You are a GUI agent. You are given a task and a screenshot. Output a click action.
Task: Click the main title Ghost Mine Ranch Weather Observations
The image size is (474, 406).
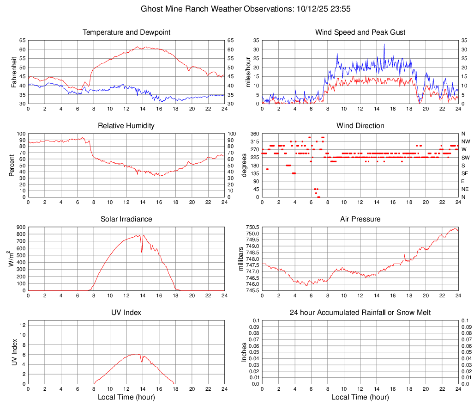click(x=237, y=9)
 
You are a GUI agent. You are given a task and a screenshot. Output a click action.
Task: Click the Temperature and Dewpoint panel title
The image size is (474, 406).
click(x=126, y=32)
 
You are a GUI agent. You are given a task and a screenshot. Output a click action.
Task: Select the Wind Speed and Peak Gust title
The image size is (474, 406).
click(x=360, y=32)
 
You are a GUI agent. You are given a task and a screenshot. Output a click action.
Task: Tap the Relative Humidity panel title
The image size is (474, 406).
click(x=126, y=126)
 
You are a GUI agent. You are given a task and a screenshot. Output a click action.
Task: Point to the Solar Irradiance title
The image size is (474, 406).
click(x=126, y=219)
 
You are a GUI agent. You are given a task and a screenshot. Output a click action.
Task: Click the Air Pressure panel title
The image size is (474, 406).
click(x=360, y=219)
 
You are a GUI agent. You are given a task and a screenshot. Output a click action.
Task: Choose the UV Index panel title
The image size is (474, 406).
click(x=126, y=313)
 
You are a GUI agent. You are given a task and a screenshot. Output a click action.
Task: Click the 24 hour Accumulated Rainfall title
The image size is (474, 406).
click(x=360, y=313)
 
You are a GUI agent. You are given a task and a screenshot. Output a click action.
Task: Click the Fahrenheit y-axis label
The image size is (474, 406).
click(x=12, y=72)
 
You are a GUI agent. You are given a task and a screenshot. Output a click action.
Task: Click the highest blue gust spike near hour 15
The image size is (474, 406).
click(x=384, y=44)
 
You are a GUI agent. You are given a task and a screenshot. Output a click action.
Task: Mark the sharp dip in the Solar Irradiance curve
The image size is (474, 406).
click(x=142, y=252)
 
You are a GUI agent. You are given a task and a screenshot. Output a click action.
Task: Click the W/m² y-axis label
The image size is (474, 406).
click(x=12, y=258)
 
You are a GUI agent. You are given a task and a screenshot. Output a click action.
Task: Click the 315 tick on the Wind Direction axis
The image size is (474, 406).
click(x=254, y=141)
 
